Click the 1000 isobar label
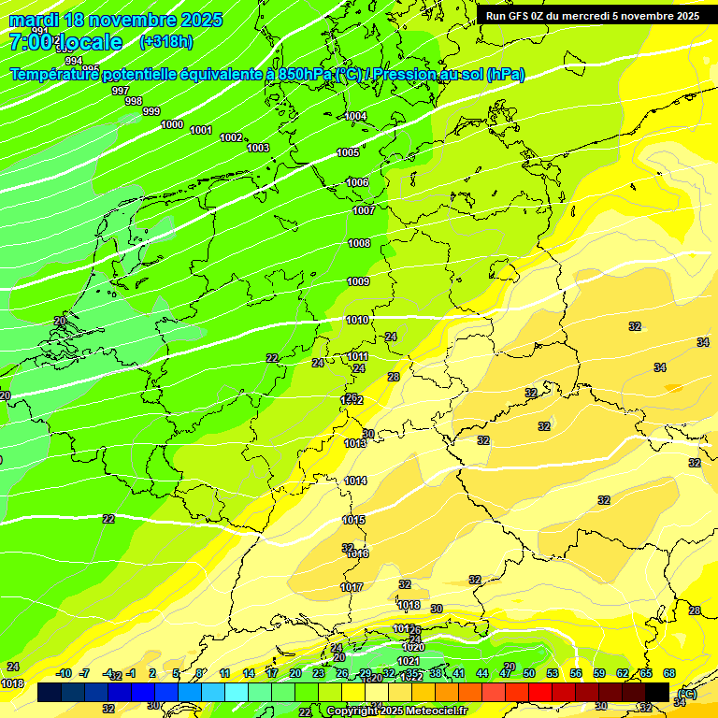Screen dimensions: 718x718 click(x=172, y=124)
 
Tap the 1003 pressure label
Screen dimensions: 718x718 click(x=258, y=148)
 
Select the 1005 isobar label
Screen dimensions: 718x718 click(x=348, y=152)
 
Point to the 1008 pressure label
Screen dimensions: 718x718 click(x=359, y=243)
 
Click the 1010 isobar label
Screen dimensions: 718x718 click(x=356, y=320)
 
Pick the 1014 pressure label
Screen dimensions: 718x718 click(x=355, y=481)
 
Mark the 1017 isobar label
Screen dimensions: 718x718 click(x=352, y=587)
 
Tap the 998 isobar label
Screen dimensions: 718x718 click(x=134, y=101)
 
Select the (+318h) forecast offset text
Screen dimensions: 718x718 click(x=166, y=41)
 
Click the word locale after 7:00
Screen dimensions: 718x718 click(x=89, y=42)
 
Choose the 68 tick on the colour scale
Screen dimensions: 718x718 click(x=669, y=673)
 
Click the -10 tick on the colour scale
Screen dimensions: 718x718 click(x=64, y=673)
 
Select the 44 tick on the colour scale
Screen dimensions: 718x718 click(x=482, y=673)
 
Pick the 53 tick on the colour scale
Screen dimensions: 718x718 click(x=553, y=673)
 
